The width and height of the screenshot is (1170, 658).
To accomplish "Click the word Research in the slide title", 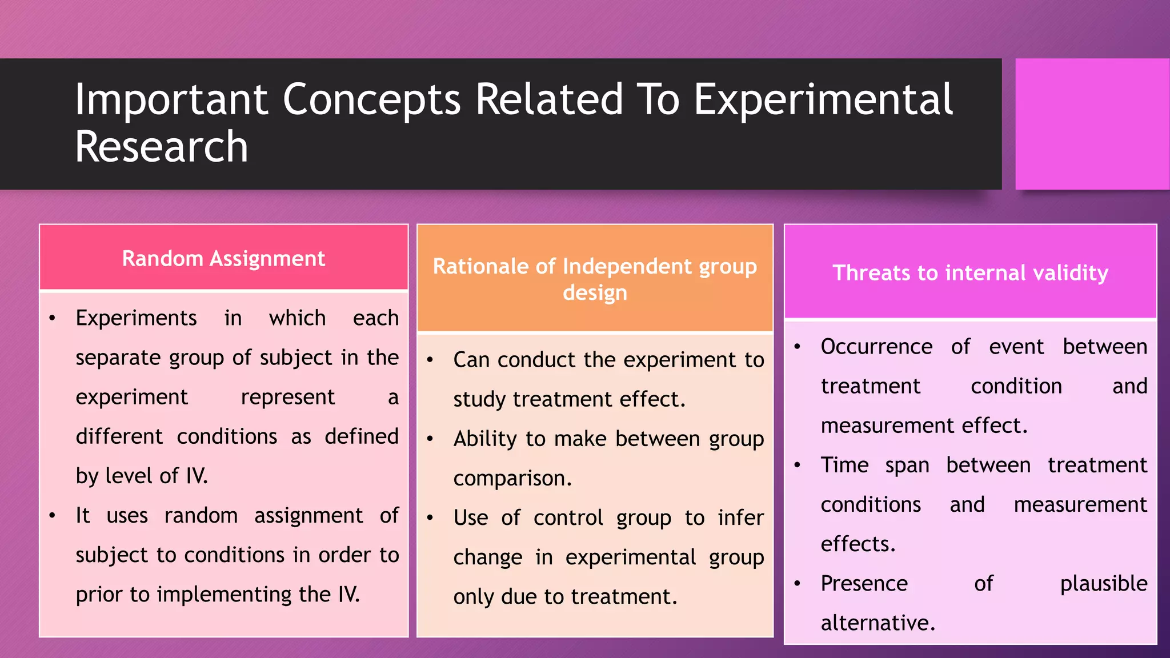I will pos(162,147).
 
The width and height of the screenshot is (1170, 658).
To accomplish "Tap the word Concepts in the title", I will pos(371,99).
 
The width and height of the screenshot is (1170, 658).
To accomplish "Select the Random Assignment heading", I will pos(223,259).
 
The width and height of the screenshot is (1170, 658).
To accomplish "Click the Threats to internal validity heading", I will pos(970,273).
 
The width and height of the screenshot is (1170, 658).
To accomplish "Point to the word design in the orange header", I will pos(595,293).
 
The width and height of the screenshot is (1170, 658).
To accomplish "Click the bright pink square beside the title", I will pos(1092,124).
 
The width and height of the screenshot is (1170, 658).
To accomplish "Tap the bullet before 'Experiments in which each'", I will pos(53,318).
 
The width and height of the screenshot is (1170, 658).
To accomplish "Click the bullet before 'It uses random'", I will pos(53,516).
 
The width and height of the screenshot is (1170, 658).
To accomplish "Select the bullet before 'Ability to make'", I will pos(430,439).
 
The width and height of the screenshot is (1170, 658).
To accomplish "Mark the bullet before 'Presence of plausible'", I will pos(798,584).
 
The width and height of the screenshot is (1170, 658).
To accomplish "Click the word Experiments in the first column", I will pos(136,318).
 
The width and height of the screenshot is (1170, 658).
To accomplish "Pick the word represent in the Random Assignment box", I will pos(287,397).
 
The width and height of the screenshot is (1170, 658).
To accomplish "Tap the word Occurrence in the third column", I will pos(876,347).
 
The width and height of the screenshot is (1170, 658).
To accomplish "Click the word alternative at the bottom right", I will pos(877,623).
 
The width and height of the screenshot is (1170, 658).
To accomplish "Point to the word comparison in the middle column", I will pos(512,479).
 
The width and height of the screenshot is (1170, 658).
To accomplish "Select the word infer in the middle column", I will pos(740,518).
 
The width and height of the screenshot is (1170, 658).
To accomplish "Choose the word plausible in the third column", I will pos(1103,584).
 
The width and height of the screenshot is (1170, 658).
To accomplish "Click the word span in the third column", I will pos(907,466).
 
